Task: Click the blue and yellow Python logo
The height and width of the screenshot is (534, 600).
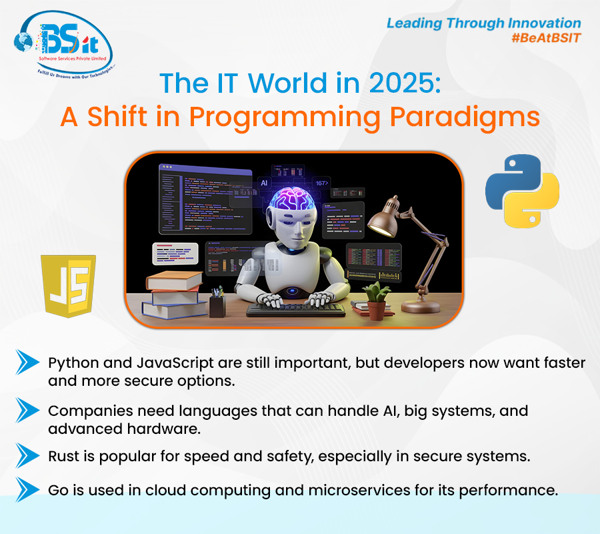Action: pos(522,191)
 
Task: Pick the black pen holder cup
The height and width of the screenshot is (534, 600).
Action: pos(217,305)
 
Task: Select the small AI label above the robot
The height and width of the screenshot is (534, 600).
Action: pos(264,182)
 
